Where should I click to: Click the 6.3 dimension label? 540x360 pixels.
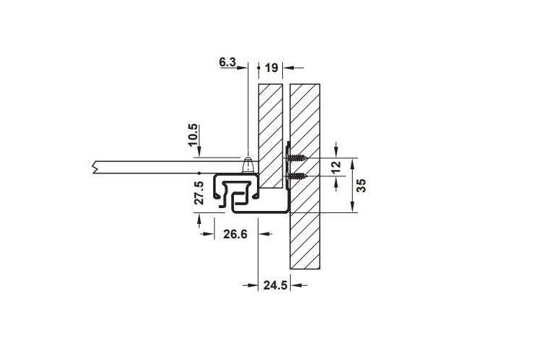coord(228,63)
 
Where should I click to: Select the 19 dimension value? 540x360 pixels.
coord(271,68)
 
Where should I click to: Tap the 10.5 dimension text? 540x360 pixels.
coord(193,135)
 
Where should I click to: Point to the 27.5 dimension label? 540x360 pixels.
coord(199,193)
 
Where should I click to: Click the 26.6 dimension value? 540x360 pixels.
coord(235,234)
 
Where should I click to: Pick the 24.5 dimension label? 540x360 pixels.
coord(275,285)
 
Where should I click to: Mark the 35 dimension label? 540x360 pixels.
coord(361,185)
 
